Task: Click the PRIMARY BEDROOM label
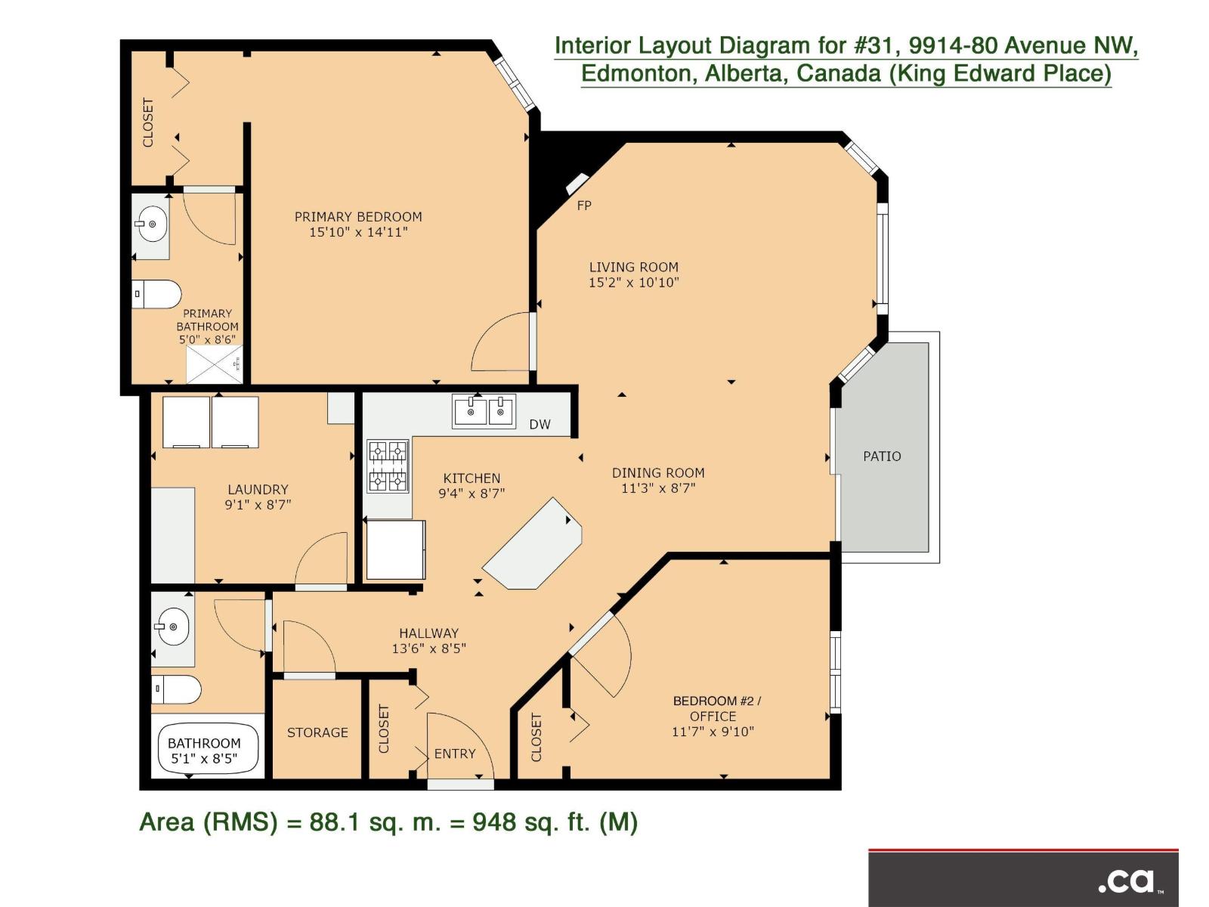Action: (x=358, y=217)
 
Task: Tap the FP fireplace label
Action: (x=584, y=206)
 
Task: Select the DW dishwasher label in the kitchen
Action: (x=540, y=425)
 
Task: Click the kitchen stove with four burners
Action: (x=388, y=466)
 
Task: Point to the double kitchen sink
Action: (x=484, y=411)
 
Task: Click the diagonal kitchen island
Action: (x=533, y=544)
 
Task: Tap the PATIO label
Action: (x=882, y=457)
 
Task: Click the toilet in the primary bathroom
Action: (x=157, y=294)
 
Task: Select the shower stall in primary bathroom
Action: (x=215, y=364)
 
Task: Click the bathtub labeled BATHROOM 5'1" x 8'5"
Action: (x=204, y=750)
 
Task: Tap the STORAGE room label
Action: (x=317, y=732)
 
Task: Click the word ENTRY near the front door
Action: (x=455, y=754)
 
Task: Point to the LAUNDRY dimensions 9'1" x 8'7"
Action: (x=258, y=505)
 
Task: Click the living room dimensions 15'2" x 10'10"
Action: (x=633, y=283)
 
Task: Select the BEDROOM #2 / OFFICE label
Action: (x=716, y=708)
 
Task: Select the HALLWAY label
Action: (x=428, y=633)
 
